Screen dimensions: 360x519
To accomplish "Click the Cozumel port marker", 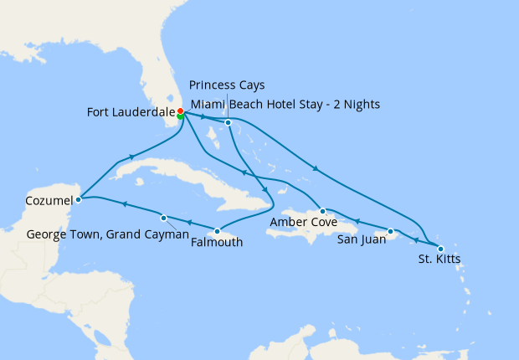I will click(78, 199).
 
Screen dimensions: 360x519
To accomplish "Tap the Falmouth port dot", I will click(218, 231).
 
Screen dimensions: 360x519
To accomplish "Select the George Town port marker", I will click(164, 216).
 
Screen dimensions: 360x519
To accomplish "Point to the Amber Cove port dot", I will click(322, 211).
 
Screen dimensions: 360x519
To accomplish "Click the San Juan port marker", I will click(391, 230).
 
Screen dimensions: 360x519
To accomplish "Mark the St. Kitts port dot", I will click(440, 248).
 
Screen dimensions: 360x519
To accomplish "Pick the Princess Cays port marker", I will click(228, 123).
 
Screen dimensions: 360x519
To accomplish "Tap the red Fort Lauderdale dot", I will click(181, 111).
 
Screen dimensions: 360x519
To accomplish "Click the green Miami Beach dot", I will click(181, 117).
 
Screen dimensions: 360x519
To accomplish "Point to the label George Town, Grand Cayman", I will click(108, 234).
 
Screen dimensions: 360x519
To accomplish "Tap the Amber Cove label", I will click(303, 224).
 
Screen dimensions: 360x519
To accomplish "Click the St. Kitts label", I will click(439, 259).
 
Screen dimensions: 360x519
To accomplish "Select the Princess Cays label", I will click(227, 85).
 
